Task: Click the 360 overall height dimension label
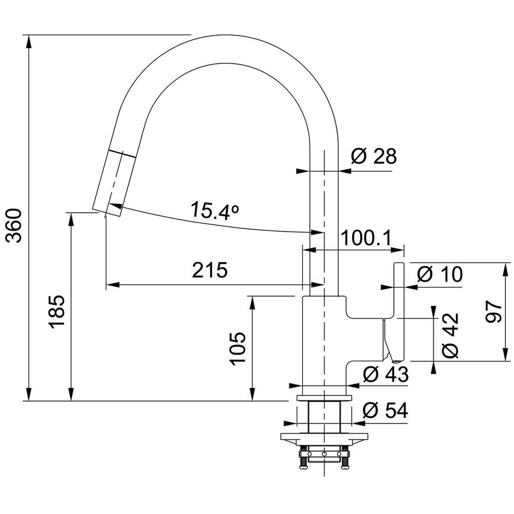(x=15, y=226)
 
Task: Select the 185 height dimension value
(x=57, y=312)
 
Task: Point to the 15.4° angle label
(x=215, y=210)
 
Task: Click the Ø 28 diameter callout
(x=374, y=156)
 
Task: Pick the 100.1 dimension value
(x=366, y=238)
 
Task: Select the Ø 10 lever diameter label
(x=440, y=274)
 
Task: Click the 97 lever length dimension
(x=493, y=312)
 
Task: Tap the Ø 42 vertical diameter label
(x=450, y=335)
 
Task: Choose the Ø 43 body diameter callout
(x=386, y=374)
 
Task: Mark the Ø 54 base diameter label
(x=385, y=410)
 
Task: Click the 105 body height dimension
(x=237, y=348)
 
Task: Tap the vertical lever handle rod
(x=399, y=311)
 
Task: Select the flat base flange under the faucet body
(x=324, y=398)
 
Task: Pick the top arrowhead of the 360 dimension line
(x=29, y=42)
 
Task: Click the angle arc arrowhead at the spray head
(x=115, y=207)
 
